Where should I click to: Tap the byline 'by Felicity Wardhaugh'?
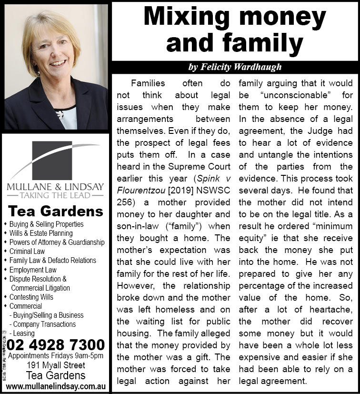235,67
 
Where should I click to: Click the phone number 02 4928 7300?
56,344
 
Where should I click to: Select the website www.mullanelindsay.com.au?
56,385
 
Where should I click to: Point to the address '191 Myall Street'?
56,366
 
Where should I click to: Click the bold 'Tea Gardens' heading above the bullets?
56,211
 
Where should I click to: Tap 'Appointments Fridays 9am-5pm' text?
56,356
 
